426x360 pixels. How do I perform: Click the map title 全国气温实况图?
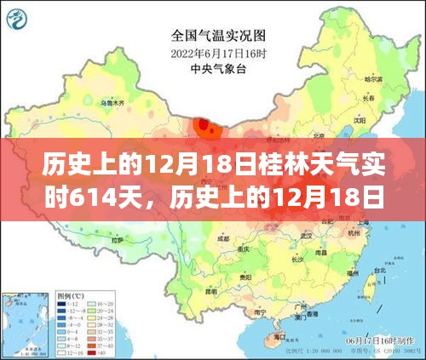click(212, 37)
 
